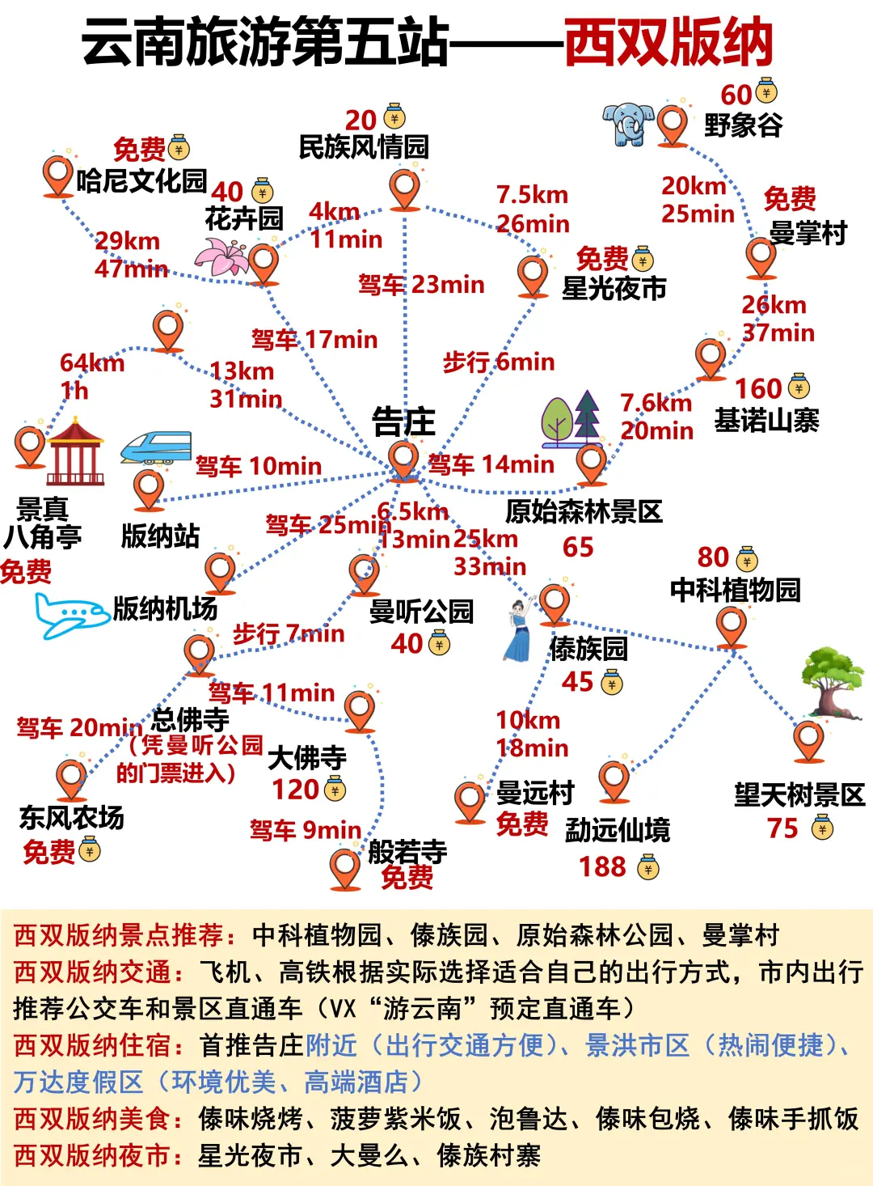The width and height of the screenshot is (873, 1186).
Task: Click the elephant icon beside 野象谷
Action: point(628,124)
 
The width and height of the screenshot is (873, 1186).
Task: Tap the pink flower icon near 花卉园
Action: point(221,257)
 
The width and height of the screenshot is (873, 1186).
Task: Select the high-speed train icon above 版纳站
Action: point(156,447)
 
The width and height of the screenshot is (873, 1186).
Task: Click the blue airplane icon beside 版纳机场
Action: point(70,616)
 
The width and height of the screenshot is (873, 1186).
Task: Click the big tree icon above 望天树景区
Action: point(832,680)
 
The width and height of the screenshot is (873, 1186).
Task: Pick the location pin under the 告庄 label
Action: point(403,459)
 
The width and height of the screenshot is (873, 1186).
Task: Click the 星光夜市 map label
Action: point(614,288)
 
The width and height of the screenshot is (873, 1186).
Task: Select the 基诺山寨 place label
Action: point(766,421)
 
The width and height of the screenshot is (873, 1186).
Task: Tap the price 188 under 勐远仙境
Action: point(602,866)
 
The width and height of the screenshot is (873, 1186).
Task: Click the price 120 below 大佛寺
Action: point(295,789)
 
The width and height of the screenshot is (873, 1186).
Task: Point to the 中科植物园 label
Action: point(735,590)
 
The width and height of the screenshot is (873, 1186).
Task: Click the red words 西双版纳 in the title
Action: point(668,43)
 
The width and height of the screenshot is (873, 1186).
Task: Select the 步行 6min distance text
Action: point(499,362)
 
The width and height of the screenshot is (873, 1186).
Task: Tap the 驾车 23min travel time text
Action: point(421,285)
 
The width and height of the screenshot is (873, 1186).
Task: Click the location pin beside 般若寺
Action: point(345,867)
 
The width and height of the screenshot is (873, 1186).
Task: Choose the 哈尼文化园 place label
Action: point(142,180)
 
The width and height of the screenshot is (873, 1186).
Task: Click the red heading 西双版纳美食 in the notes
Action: point(92,1119)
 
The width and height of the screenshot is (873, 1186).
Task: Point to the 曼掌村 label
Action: point(808,233)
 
